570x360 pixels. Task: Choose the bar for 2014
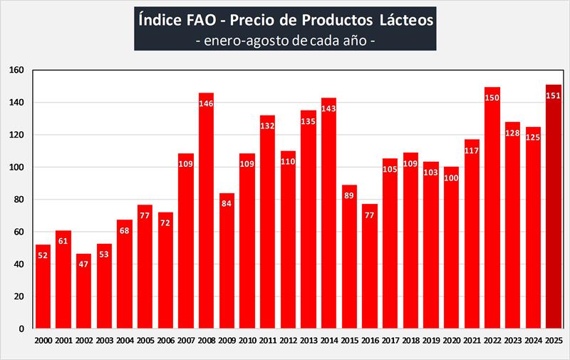(x=328, y=214)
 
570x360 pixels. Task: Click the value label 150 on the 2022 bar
(x=492, y=98)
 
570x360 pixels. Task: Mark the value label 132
(x=267, y=127)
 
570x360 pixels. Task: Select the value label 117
(x=472, y=151)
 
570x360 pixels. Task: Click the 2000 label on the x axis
(x=43, y=341)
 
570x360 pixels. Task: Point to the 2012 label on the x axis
(x=288, y=341)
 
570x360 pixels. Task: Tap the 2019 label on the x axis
(x=431, y=341)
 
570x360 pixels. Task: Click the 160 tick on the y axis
(x=17, y=70)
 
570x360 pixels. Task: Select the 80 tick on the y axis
(x=19, y=200)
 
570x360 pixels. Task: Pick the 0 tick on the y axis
(x=22, y=329)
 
